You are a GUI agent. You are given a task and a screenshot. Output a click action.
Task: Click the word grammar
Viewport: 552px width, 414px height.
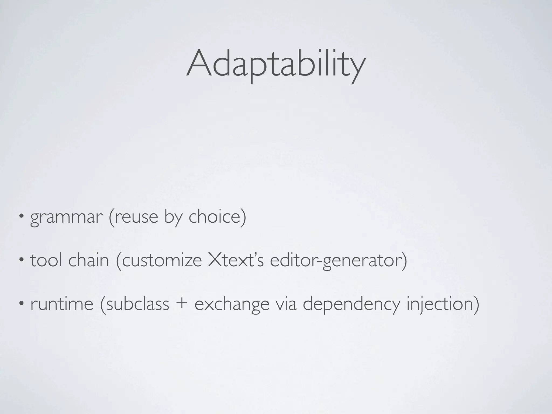(x=66, y=217)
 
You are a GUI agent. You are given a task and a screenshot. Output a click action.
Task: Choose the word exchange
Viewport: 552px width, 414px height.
(x=232, y=305)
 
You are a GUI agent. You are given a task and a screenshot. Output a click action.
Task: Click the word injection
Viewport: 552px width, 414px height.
(x=439, y=305)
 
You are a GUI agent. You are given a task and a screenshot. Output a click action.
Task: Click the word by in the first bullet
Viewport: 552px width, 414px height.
(x=173, y=217)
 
